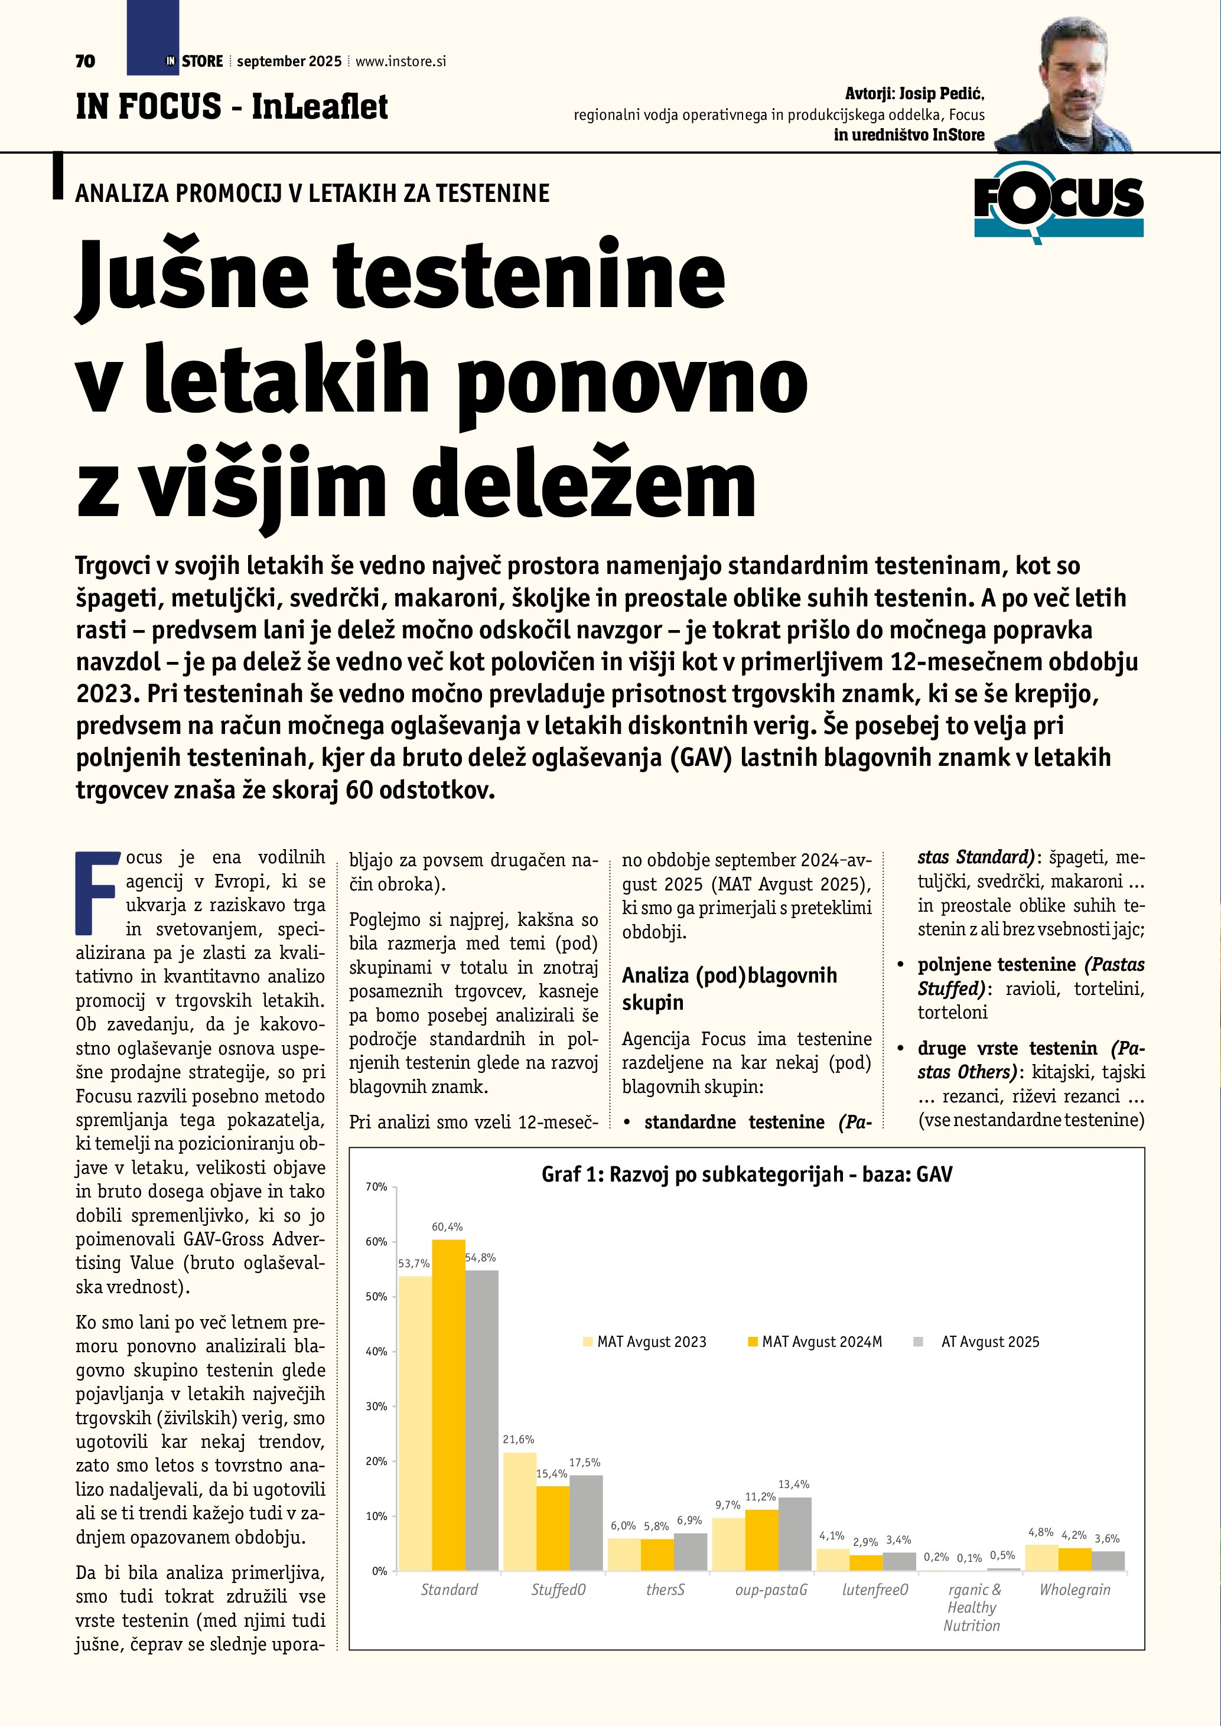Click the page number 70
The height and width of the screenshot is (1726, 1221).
coord(85,61)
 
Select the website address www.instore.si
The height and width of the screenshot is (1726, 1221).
coord(401,61)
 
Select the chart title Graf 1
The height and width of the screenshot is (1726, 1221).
coord(747,1174)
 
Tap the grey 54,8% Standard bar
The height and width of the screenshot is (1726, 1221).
coord(481,1420)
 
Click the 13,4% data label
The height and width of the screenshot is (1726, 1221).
coord(793,1484)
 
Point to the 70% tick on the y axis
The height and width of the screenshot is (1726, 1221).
coord(376,1187)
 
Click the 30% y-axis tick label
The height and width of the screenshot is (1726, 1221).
coord(376,1407)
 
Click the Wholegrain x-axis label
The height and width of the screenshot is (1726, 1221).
coord(1075,1589)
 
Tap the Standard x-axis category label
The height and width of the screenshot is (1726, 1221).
coord(449,1589)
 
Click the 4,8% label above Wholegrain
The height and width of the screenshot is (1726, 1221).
coord(1041,1532)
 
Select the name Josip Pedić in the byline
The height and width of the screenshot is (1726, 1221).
coord(942,94)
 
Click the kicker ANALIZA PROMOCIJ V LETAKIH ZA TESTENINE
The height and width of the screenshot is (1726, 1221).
coord(312,193)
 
